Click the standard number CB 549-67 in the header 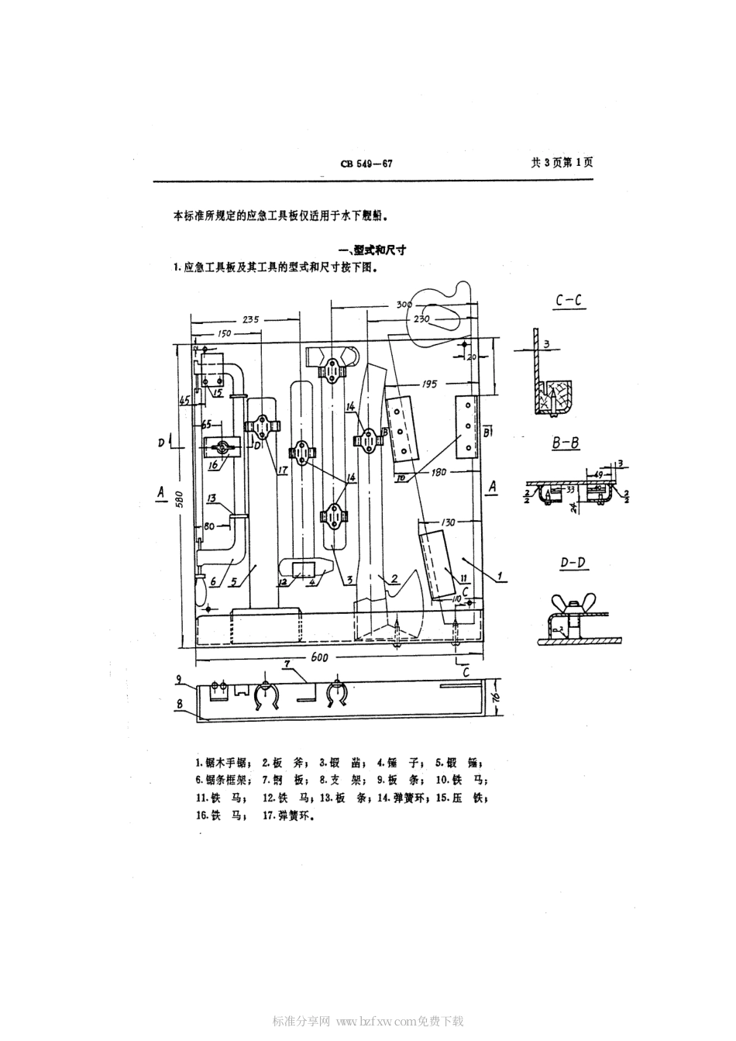[x=367, y=164]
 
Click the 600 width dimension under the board [x=320, y=657]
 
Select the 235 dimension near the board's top [x=250, y=319]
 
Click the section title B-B [x=567, y=443]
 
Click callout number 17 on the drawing [x=281, y=471]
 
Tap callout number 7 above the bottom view [x=287, y=664]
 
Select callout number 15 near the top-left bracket [x=218, y=393]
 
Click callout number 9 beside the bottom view [x=178, y=680]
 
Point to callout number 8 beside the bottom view [x=179, y=704]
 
